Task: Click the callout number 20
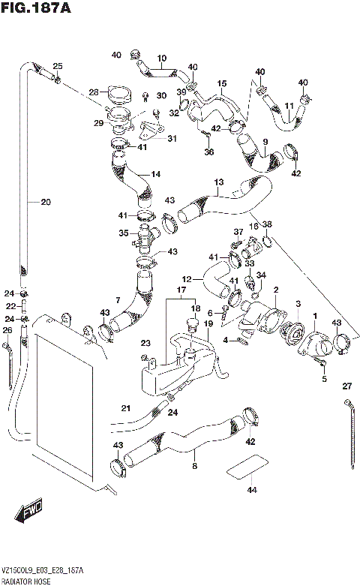pyautogui.click(x=46, y=201)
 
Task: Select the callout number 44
pyautogui.click(x=250, y=490)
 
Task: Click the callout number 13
pyautogui.click(x=218, y=182)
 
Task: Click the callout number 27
pyautogui.click(x=346, y=386)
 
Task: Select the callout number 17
pyautogui.click(x=181, y=290)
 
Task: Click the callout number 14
pyautogui.click(x=156, y=174)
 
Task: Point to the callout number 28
pyautogui.click(x=94, y=92)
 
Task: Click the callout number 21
pyautogui.click(x=126, y=408)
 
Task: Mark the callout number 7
pyautogui.click(x=118, y=301)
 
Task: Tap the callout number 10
pyautogui.click(x=161, y=58)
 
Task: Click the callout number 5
pyautogui.click(x=325, y=379)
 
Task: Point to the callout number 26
pyautogui.click(x=7, y=330)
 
